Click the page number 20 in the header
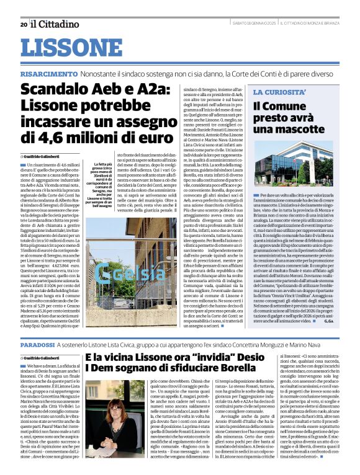pyautogui.click(x=23, y=24)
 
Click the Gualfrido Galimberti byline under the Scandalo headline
pyautogui.click(x=46, y=156)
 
